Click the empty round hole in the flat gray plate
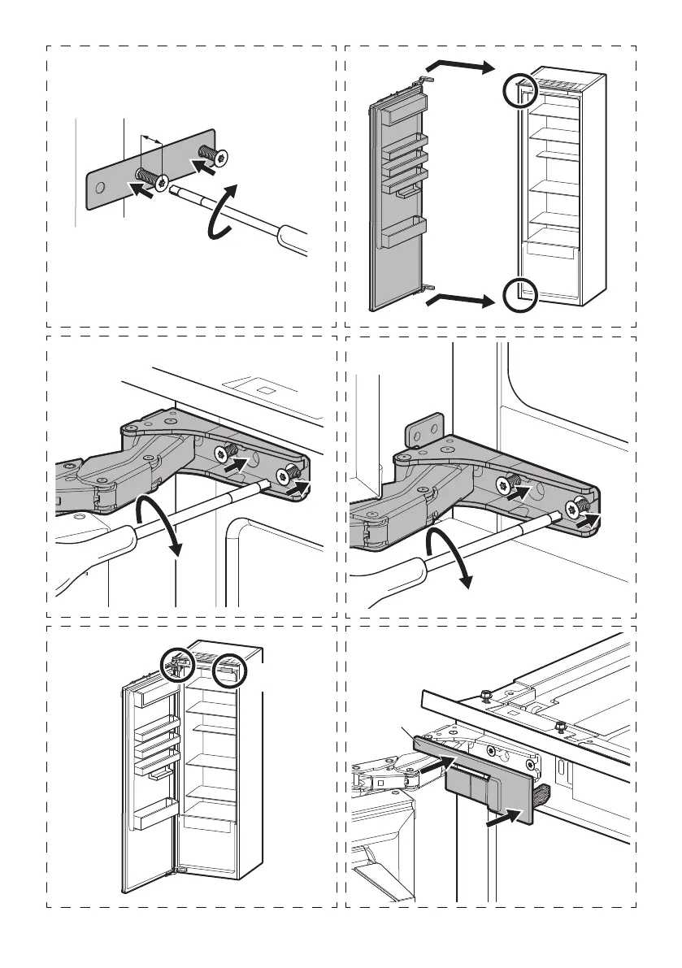[99, 187]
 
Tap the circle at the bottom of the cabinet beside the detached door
[518, 294]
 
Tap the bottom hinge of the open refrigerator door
[170, 875]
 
